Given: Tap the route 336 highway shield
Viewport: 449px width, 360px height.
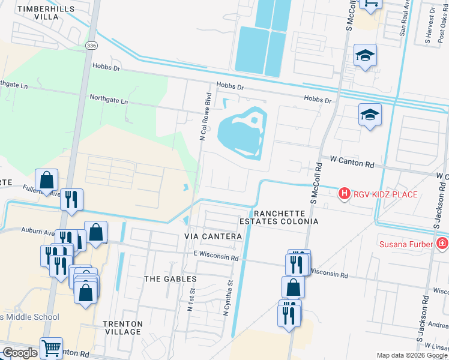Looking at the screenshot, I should (x=90, y=46).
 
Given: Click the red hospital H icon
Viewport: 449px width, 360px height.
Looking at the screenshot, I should (x=344, y=193).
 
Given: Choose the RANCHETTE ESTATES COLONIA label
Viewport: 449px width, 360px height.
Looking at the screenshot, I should (x=286, y=217).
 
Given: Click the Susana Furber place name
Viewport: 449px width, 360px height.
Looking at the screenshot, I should (x=406, y=244).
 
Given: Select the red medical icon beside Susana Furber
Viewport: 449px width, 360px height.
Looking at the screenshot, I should (x=442, y=243).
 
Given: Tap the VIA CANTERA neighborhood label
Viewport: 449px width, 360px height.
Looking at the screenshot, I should (x=213, y=237).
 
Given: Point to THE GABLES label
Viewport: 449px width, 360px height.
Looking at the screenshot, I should (x=170, y=279).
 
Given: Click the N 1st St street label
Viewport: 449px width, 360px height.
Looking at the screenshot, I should (x=192, y=299).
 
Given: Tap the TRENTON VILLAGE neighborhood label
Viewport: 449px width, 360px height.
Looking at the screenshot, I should (x=122, y=328).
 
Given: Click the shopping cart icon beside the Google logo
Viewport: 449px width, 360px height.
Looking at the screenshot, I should (x=51, y=347).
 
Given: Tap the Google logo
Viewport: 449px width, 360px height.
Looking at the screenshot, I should (x=20, y=353).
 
